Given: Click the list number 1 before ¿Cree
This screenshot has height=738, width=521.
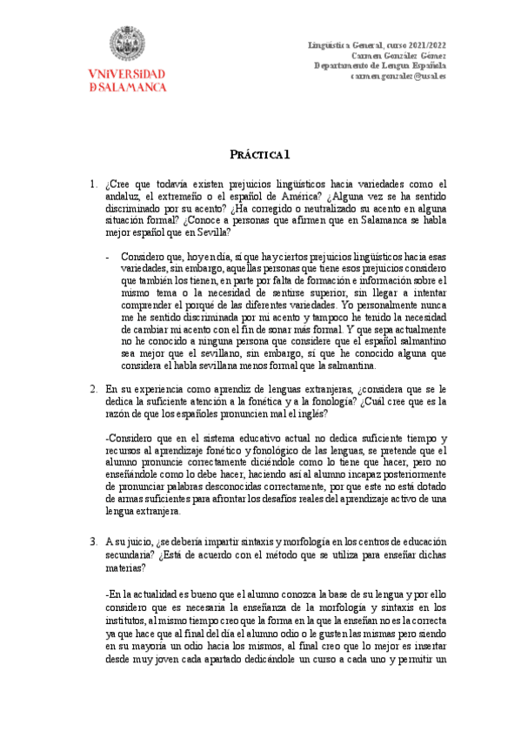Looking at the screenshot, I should click(93, 184).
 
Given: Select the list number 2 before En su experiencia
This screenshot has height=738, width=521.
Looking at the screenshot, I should click(93, 390).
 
